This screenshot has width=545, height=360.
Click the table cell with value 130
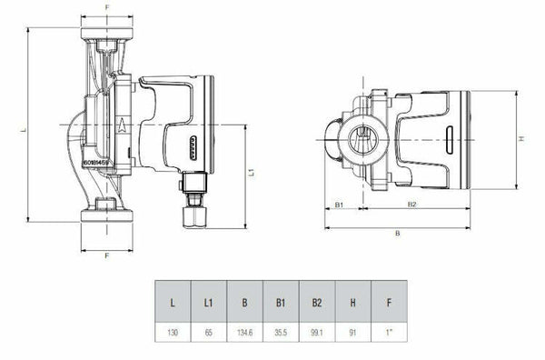click(173, 334)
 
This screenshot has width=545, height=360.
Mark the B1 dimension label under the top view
click(339, 205)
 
